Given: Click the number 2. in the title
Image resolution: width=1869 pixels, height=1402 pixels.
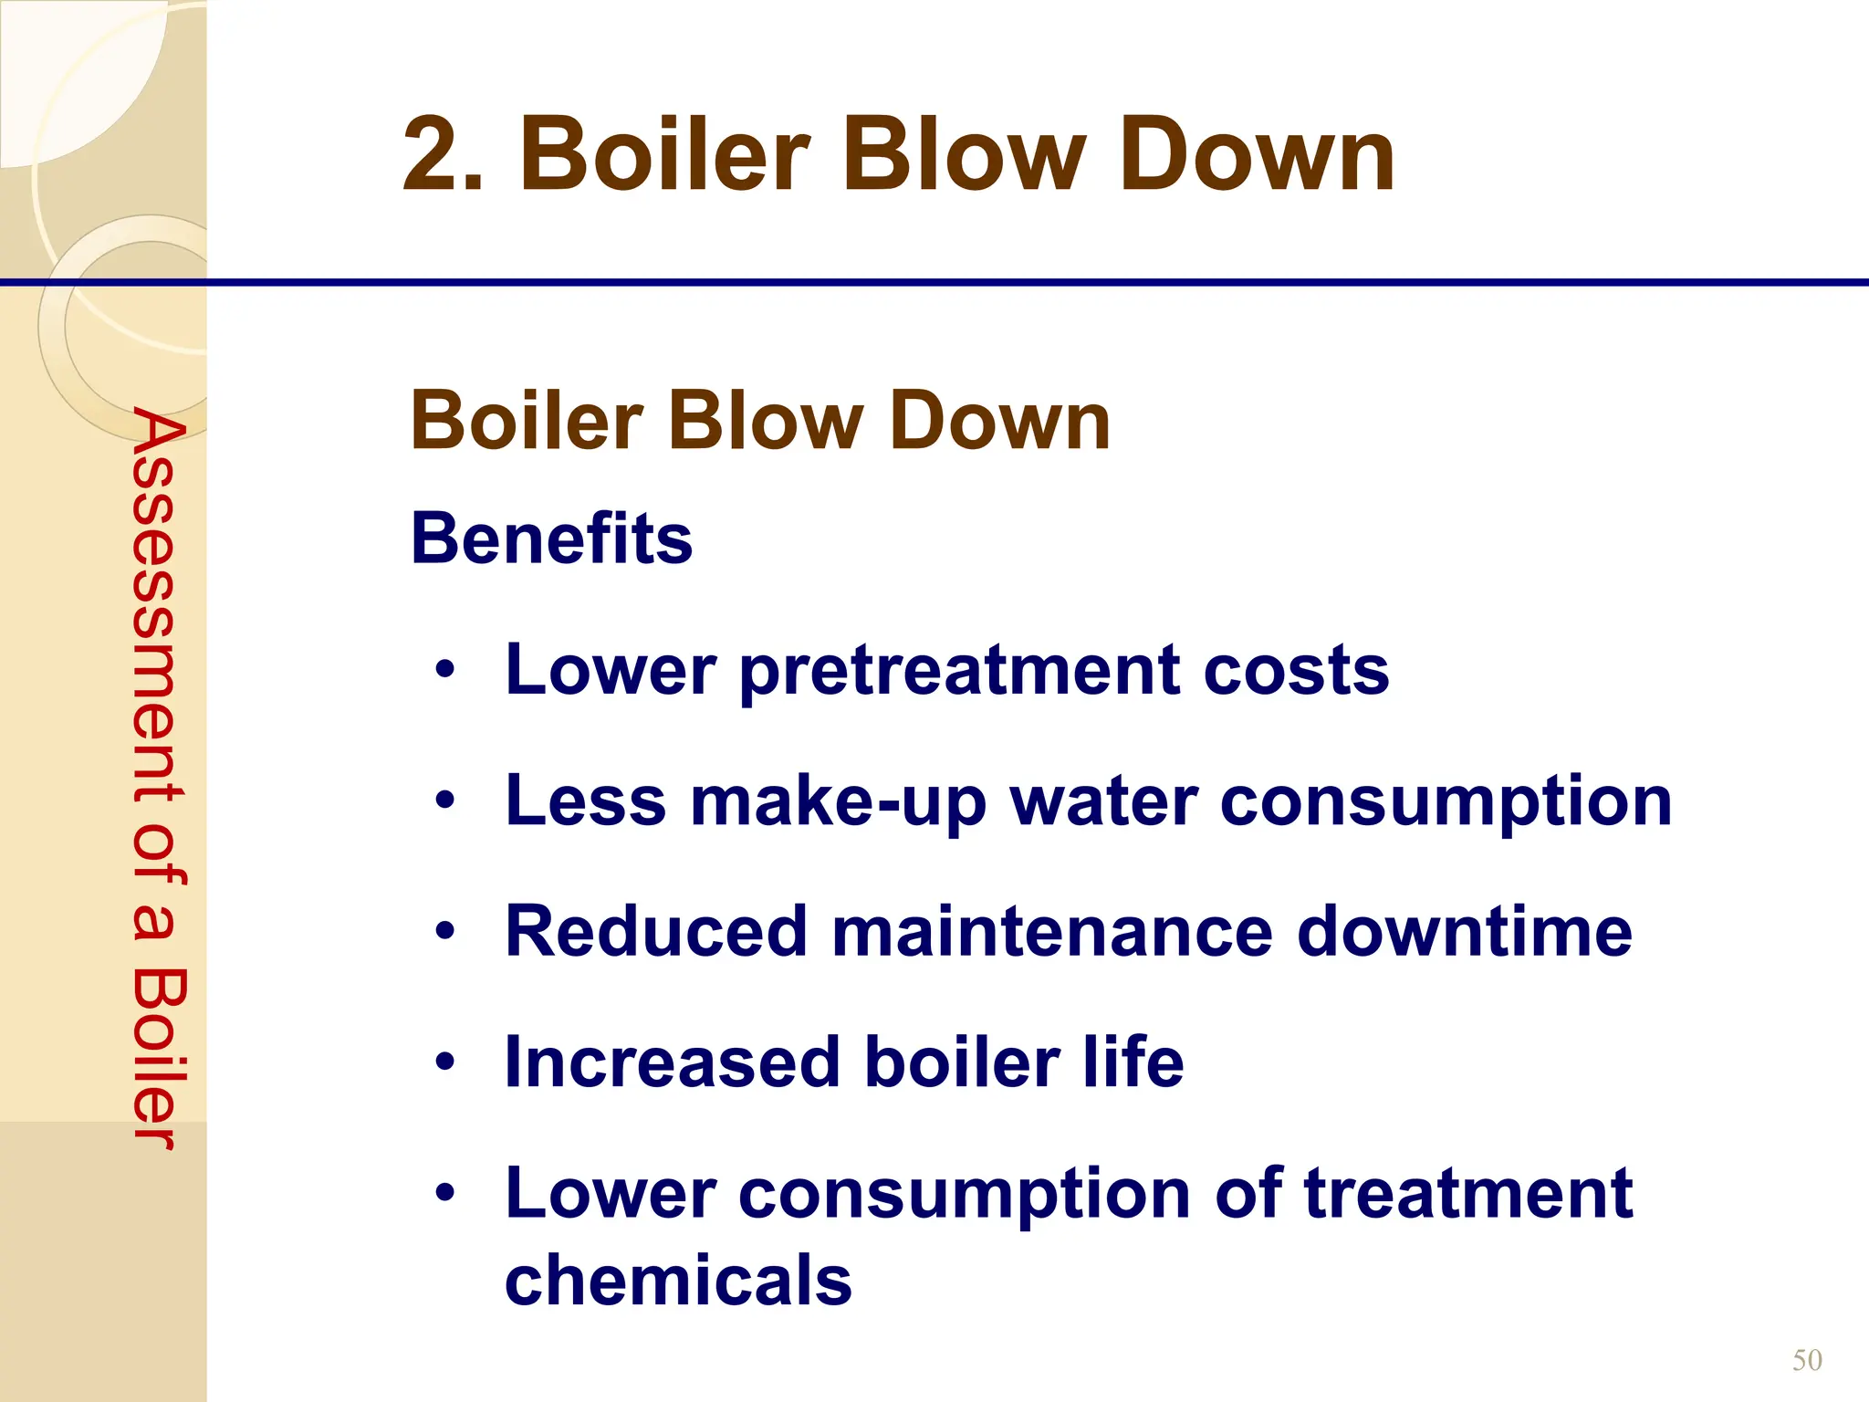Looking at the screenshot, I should click(x=443, y=155).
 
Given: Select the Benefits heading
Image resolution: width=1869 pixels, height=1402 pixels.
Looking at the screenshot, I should click(x=551, y=538).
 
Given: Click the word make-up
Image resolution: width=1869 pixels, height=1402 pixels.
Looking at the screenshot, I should click(x=838, y=801).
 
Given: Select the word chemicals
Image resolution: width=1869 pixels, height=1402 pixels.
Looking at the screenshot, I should click(x=678, y=1280).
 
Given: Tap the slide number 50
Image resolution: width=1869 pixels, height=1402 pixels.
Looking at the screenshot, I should click(x=1807, y=1361).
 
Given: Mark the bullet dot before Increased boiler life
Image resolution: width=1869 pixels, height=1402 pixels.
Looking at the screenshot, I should click(x=444, y=1062).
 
